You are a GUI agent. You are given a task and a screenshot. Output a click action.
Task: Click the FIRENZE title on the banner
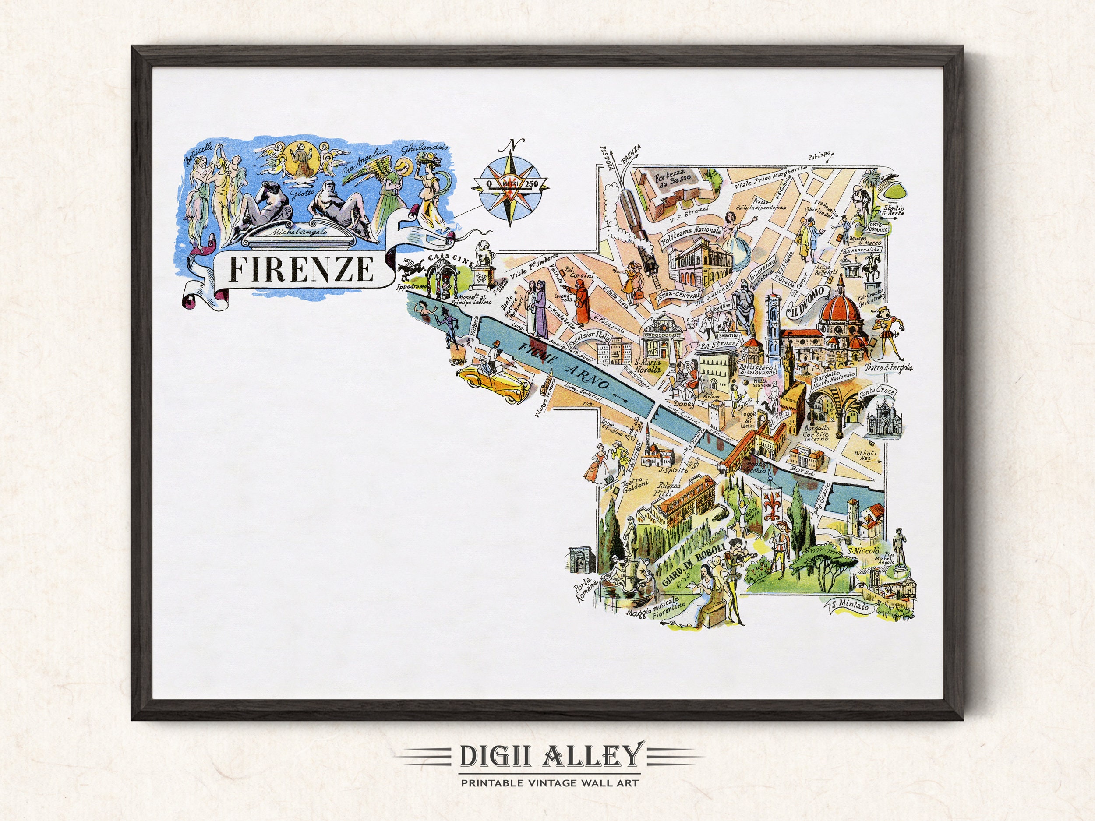click(301, 270)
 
